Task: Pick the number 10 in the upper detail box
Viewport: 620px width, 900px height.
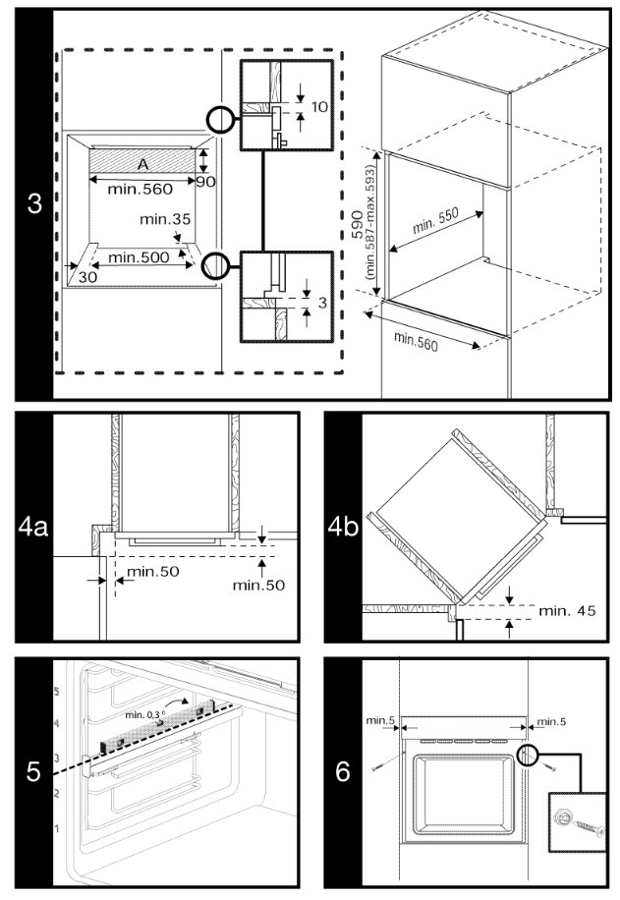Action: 317,106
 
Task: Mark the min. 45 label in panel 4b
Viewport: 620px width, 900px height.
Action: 567,612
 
